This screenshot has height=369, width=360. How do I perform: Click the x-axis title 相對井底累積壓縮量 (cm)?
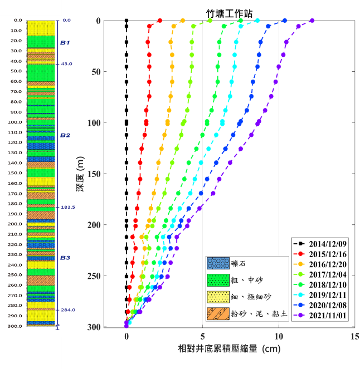226,350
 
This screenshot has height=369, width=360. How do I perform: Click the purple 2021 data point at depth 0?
312,21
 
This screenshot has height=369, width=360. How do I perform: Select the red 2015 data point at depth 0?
160,21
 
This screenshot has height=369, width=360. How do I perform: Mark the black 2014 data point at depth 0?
127,21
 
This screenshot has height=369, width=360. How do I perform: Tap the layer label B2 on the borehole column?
65,135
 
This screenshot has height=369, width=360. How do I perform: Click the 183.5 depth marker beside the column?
70,207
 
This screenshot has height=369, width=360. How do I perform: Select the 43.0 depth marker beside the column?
67,64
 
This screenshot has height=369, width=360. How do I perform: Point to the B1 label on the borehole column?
65,43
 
